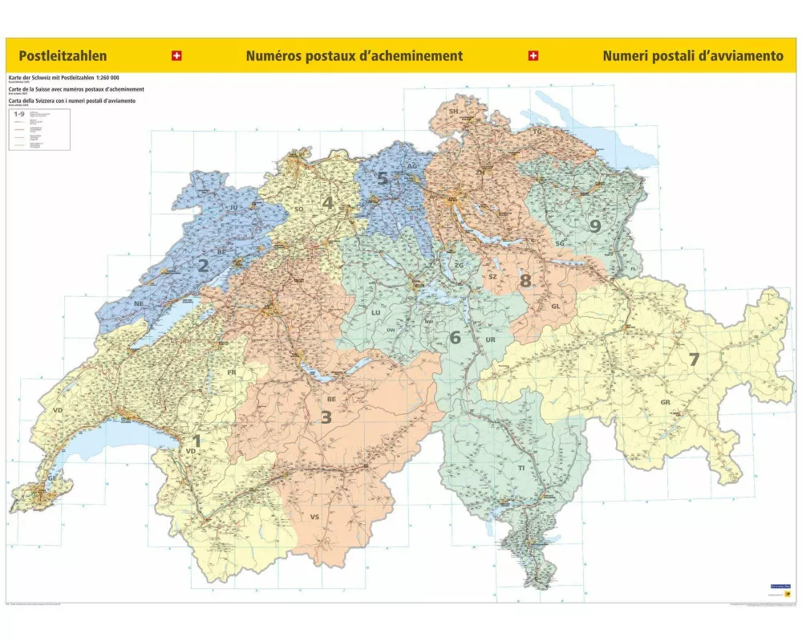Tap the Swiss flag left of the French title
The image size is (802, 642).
click(x=176, y=56)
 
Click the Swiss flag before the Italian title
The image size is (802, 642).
click(x=533, y=56)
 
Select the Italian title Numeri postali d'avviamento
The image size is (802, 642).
click(x=692, y=56)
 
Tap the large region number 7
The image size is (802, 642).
click(x=695, y=360)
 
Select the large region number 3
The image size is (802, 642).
click(x=326, y=416)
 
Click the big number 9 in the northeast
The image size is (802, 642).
click(x=594, y=226)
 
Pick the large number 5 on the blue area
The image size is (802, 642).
click(x=383, y=178)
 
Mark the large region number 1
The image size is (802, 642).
click(x=196, y=440)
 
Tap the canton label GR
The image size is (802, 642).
click(x=665, y=402)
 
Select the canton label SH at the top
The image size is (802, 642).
click(x=453, y=111)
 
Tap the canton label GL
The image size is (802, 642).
click(x=555, y=307)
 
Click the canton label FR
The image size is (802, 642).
click(x=231, y=372)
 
